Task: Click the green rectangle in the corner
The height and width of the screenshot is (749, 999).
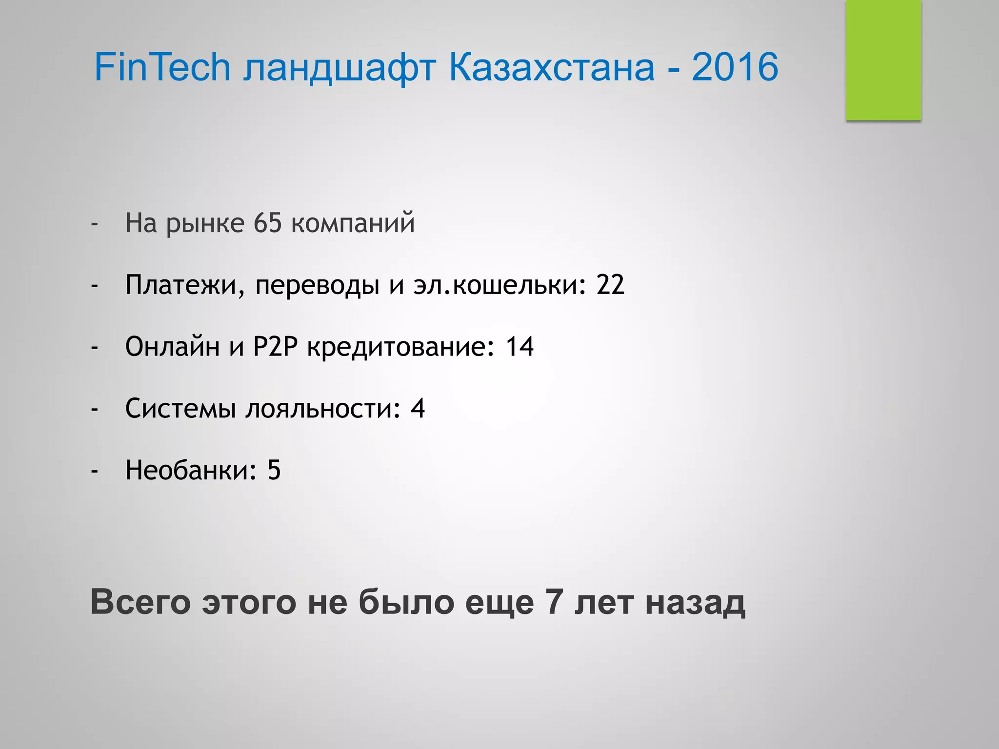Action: [883, 60]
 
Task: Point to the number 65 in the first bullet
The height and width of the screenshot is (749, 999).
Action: [268, 223]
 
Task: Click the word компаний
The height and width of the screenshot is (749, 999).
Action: [353, 224]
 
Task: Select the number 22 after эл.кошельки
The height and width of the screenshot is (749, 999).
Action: [610, 285]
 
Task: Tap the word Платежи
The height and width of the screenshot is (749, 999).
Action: [180, 286]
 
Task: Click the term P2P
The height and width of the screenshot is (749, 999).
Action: [275, 347]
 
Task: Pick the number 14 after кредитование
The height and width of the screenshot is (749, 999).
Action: [519, 347]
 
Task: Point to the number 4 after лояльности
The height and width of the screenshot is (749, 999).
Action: [418, 408]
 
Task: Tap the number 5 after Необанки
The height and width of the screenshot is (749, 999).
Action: [274, 470]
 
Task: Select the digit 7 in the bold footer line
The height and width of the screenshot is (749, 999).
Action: [554, 602]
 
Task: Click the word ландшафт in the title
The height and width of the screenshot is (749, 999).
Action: [339, 68]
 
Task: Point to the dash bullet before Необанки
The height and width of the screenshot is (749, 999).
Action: [95, 471]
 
